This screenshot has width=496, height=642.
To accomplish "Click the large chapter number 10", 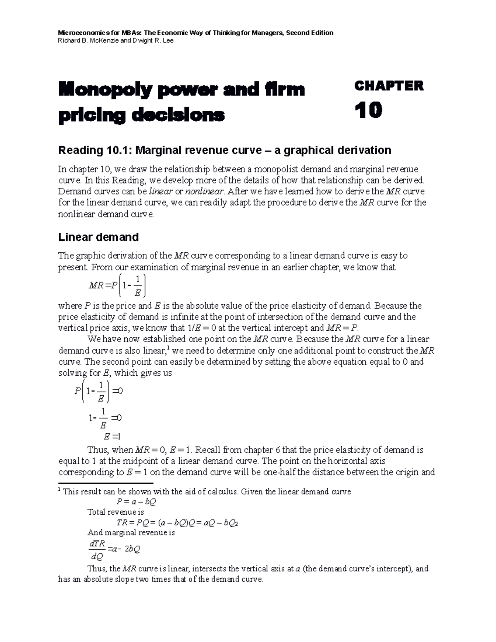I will [x=368, y=111].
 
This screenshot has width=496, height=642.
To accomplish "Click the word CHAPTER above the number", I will [x=389, y=86].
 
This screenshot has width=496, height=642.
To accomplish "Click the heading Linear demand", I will [x=98, y=237].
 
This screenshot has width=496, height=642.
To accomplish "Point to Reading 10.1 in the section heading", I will [x=91, y=150].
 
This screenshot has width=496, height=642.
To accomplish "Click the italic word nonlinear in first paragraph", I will [x=205, y=191].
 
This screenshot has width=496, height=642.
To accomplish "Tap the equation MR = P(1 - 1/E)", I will [x=117, y=285].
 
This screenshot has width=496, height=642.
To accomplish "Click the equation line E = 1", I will [x=111, y=436].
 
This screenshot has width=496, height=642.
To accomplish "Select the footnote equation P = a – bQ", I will [x=136, y=502].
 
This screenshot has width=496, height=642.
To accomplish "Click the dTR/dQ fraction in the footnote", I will [x=98, y=549].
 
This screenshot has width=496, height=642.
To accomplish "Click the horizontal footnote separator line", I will [x=106, y=483].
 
